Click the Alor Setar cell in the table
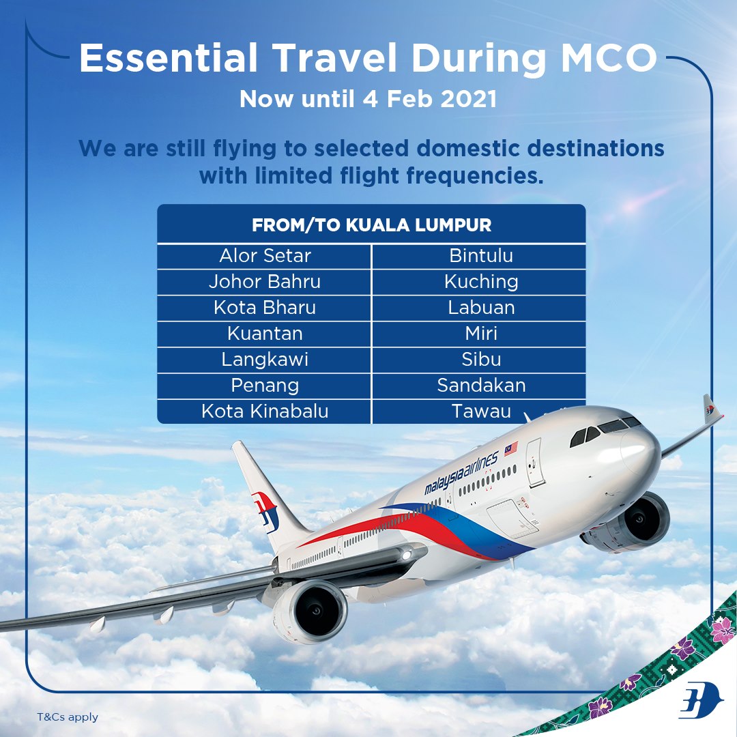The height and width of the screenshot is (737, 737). [x=264, y=256]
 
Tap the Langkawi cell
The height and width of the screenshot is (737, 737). [x=264, y=360]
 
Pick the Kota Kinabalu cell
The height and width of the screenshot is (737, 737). [x=264, y=411]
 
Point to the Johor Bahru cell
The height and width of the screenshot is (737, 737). [x=264, y=282]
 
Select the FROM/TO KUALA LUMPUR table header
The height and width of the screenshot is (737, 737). [x=371, y=225]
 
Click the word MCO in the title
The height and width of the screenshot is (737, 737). [x=609, y=58]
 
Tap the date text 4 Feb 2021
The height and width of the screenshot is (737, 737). [x=429, y=99]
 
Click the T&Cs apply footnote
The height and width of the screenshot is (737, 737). [x=68, y=717]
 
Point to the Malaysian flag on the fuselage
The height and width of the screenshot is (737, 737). [x=511, y=448]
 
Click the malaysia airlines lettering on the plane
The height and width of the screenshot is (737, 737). [x=461, y=474]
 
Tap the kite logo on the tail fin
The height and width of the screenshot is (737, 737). [x=265, y=512]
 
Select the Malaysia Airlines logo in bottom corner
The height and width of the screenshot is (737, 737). [x=701, y=700]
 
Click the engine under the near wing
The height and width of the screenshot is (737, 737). [x=310, y=610]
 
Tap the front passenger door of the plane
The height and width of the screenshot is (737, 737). [x=534, y=462]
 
